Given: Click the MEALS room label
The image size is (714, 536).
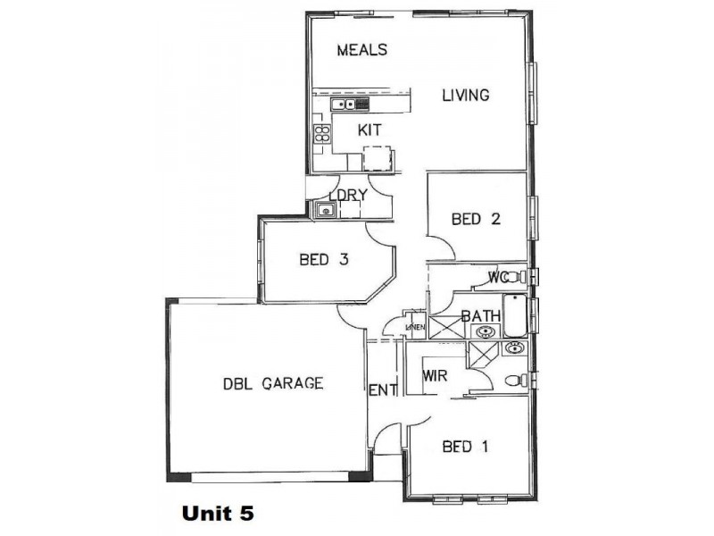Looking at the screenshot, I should click(361, 50).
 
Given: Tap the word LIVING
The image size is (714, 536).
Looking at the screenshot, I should click(466, 95).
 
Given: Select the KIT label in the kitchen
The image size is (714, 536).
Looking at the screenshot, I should click(369, 130).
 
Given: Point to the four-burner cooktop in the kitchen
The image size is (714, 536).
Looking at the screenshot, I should click(321, 135).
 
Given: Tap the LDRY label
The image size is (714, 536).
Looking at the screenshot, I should click(348, 196).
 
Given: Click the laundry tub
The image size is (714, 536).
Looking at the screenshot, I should click(324, 211).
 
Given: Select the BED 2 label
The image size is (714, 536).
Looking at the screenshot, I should click(476, 219).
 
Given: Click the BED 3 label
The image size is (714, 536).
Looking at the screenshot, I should click(323, 260).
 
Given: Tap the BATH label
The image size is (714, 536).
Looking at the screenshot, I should click(480, 315).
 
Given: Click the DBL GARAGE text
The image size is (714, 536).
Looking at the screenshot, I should click(272, 384).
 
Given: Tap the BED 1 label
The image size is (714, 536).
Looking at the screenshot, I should click(466, 447).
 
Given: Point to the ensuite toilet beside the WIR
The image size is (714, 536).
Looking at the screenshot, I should click(515, 381).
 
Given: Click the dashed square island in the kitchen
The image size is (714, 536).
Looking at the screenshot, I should click(377, 159).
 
